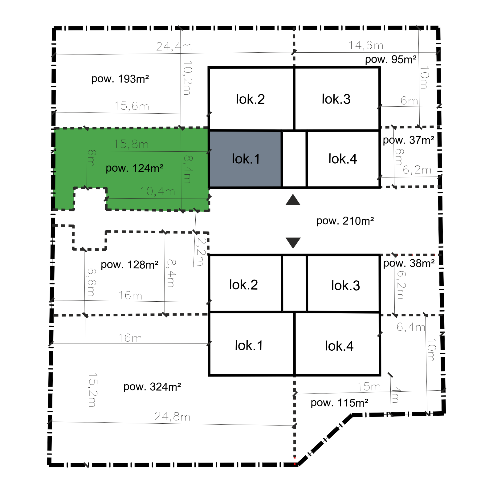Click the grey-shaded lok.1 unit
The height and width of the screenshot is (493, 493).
point(245,159)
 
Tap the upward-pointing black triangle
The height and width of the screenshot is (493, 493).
point(293,200)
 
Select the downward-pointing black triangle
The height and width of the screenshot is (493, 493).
point(293,243)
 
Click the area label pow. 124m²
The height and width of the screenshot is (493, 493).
point(134,168)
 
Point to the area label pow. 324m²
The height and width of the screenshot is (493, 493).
point(152,387)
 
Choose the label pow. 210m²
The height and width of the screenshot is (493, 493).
point(345,221)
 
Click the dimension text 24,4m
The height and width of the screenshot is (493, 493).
point(174,47)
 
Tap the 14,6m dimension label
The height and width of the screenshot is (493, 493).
point(366,45)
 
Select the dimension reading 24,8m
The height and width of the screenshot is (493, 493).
point(173,417)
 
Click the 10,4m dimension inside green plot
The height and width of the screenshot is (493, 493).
point(158,191)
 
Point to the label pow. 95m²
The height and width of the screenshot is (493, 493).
point(391,59)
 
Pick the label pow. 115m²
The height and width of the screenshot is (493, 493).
point(340,403)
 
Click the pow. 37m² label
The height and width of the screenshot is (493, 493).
point(409,140)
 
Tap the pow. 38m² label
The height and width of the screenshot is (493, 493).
point(409,263)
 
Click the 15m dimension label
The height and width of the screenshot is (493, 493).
point(369,387)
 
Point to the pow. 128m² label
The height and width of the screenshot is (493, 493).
point(129,265)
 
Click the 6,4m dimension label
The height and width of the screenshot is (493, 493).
point(411,327)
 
